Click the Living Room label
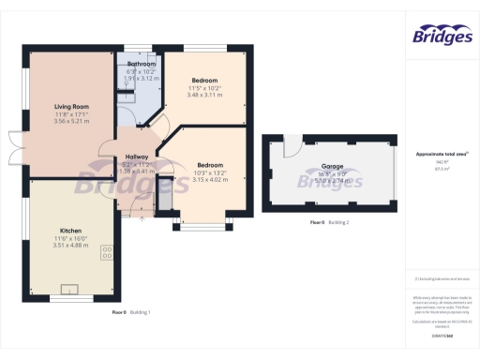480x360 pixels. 70,107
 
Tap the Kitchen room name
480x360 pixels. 71,231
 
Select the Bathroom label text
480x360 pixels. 142,64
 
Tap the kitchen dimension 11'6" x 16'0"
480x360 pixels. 71,238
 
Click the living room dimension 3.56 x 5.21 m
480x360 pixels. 70,121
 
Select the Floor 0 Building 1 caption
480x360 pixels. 131,311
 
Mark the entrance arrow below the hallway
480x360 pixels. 140,217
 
